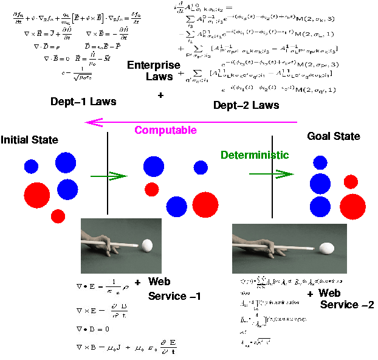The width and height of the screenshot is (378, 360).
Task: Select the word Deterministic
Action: coord(254,155)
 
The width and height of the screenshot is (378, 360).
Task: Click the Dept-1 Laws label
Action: coord(83,102)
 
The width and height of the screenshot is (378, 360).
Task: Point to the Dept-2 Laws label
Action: coord(246,105)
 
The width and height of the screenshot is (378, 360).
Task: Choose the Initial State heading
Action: coord(29,140)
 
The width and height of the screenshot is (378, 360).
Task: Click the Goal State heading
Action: coord(334,136)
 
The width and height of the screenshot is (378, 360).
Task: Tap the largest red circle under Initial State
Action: coord(37,196)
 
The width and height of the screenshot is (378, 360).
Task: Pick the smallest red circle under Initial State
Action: coord(58,215)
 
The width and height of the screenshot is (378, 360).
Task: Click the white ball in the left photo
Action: coord(146,246)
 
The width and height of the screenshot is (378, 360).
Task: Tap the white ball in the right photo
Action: coord(326,248)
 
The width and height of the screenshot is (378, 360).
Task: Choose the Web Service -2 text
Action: coord(338,299)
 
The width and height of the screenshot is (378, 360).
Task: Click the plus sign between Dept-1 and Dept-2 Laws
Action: coord(160,95)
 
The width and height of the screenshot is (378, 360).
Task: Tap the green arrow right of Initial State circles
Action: coord(108,176)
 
